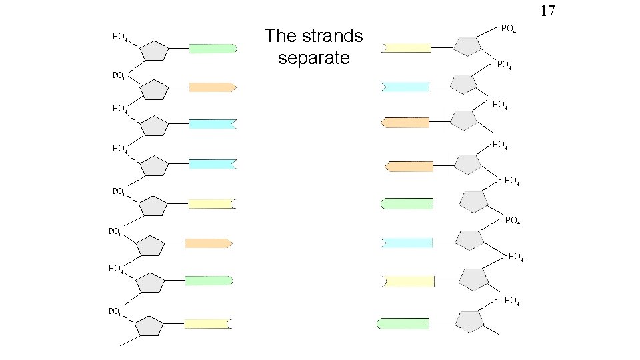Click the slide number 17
point(547,11)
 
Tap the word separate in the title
point(313,58)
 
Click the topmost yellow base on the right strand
point(407,47)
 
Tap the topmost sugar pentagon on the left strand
point(154,51)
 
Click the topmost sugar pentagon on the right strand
point(467,45)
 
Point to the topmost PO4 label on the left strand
point(120,37)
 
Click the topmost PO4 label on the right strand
point(509,29)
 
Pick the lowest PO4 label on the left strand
point(115,311)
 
